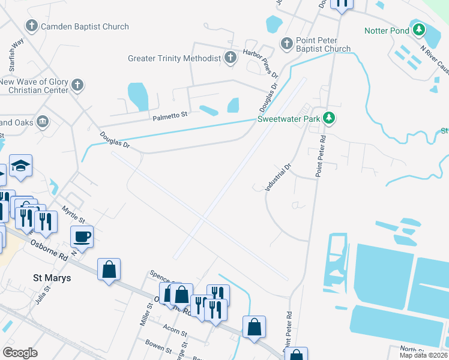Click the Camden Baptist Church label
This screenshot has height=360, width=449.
(84, 26)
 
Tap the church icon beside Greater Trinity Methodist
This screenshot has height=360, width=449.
(230, 58)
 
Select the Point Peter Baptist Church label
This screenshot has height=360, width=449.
(323, 44)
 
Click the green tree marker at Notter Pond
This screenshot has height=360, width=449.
(418, 29)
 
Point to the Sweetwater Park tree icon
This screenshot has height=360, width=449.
(328, 118)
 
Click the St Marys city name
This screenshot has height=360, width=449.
(52, 278)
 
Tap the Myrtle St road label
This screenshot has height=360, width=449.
(74, 213)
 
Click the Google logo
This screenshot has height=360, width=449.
(20, 353)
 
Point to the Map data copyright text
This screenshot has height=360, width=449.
(423, 355)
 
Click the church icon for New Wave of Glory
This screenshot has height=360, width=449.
(77, 85)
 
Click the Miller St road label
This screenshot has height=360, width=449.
(145, 314)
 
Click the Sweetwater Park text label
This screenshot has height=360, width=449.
(288, 119)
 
